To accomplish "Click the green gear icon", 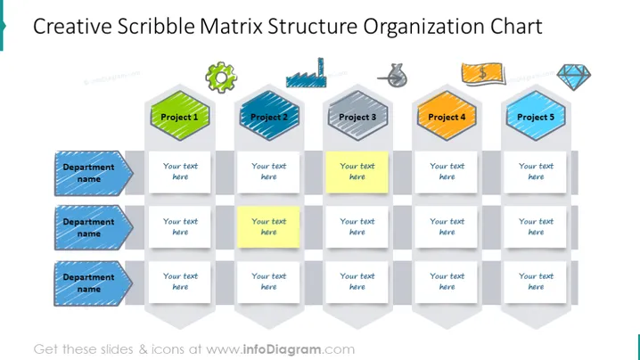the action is (221, 78).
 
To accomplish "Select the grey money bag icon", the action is (392, 76).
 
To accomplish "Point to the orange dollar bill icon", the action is (483, 74).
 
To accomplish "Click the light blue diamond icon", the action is (573, 77).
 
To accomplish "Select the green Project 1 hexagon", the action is (180, 116).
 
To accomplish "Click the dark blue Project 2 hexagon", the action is (269, 116).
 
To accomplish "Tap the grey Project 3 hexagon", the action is (357, 116).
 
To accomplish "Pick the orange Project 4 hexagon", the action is (447, 116).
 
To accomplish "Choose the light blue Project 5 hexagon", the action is (536, 116).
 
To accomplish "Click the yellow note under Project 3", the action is (357, 172).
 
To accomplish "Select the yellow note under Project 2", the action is (268, 227).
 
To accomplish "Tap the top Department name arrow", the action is (94, 173).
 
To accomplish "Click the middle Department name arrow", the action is (94, 228).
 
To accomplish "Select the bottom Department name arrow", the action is (94, 283).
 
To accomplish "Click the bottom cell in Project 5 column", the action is (535, 282).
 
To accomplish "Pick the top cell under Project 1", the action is (179, 172).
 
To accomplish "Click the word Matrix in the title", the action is (231, 26).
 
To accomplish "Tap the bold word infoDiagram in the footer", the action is (282, 349).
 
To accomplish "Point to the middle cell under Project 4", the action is (446, 227).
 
